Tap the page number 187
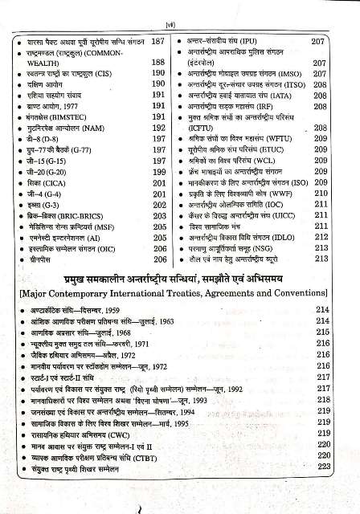[158, 39]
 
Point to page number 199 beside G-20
[158, 171]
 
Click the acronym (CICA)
[59, 182]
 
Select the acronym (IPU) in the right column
[274, 39]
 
